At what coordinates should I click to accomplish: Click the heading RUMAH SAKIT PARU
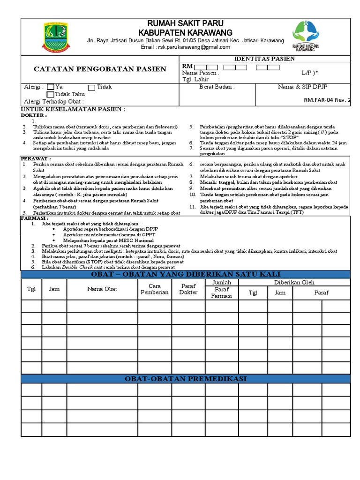[186, 23]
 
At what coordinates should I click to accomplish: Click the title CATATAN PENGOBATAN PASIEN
[100, 69]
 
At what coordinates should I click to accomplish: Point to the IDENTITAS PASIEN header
[264, 59]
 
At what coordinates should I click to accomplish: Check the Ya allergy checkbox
[51, 87]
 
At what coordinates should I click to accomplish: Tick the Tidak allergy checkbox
[92, 87]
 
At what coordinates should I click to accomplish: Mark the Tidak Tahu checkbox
[51, 95]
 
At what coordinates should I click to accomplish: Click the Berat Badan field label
[217, 87]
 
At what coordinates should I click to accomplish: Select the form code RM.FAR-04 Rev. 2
[327, 100]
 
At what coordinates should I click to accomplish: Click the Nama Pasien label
[200, 73]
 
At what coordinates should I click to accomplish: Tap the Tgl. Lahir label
[196, 80]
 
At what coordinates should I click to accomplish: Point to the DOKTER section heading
[34, 115]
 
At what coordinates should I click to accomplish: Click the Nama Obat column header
[102, 289]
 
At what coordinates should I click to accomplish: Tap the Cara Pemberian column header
[154, 289]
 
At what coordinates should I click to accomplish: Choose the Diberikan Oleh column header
[294, 283]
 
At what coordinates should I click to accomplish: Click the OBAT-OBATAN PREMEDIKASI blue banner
[186, 379]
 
